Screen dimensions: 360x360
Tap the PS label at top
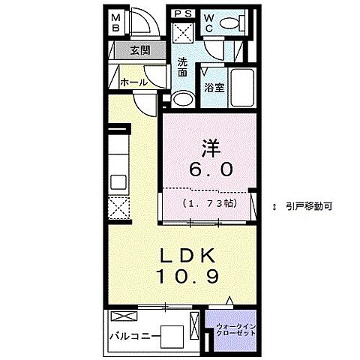(x=181, y=13)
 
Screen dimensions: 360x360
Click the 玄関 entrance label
(x=138, y=51)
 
